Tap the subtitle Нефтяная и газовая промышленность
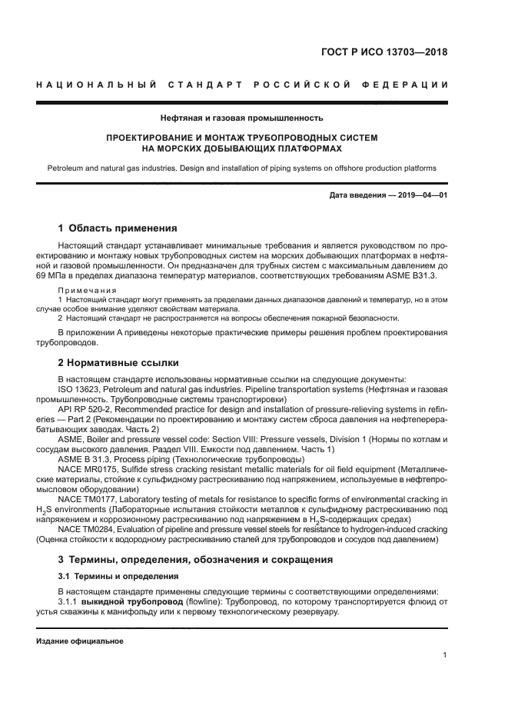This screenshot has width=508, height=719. tap(241, 118)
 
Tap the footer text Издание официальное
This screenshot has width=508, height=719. tap(79, 641)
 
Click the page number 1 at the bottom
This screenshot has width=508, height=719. tap(445, 655)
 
